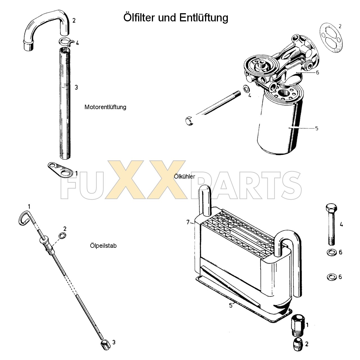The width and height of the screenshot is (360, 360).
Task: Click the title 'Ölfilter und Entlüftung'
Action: click(176, 17)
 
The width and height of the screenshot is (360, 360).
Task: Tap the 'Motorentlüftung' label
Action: click(105, 107)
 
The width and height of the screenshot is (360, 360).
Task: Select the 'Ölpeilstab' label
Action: click(103, 246)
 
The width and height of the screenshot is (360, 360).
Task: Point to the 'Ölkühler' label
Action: click(184, 177)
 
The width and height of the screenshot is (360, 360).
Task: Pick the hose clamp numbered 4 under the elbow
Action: click(66, 42)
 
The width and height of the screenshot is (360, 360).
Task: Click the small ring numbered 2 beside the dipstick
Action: click(62, 235)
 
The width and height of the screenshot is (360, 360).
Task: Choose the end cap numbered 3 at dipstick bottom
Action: click(105, 345)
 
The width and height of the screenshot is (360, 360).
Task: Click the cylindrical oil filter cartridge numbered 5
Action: click(278, 127)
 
